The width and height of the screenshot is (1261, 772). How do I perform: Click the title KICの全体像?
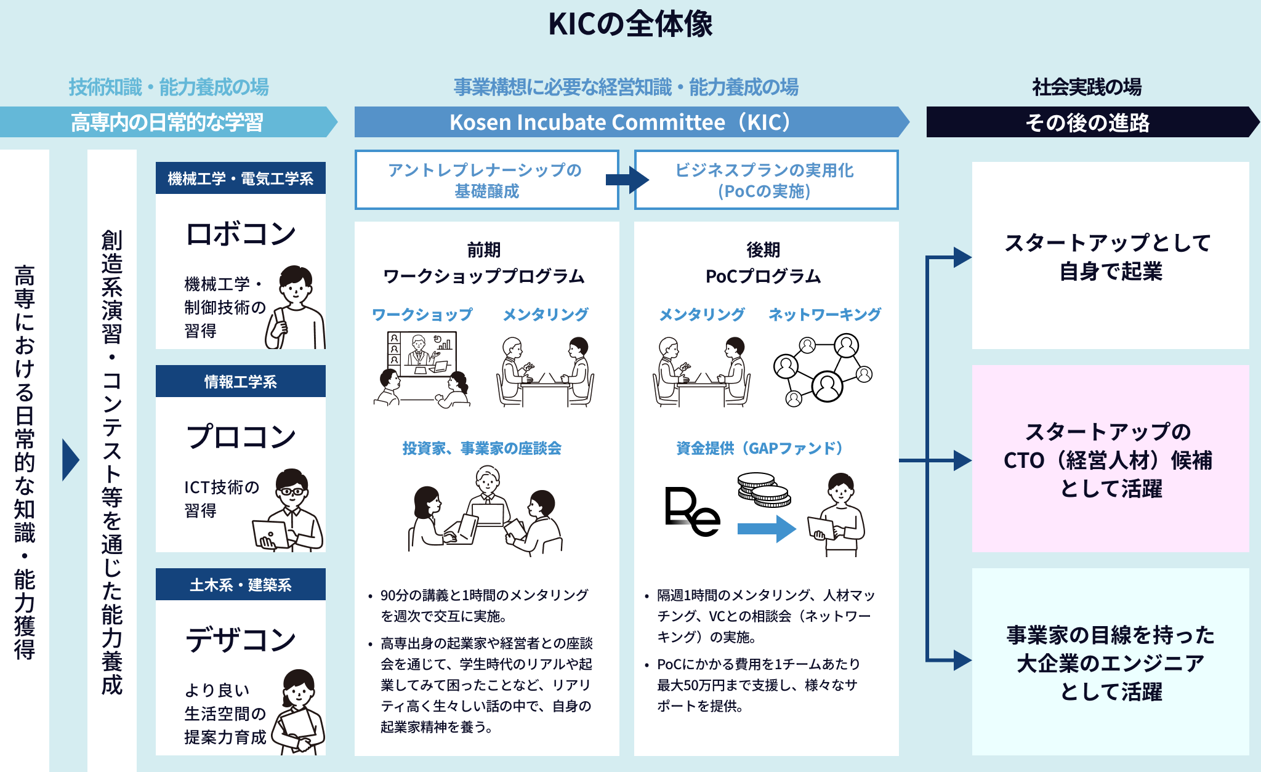click(x=630, y=25)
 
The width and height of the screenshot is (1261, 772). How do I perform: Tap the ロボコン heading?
click(x=241, y=234)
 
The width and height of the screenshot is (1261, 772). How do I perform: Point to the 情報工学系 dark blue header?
click(x=241, y=382)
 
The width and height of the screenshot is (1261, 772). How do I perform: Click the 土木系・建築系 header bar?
click(x=241, y=585)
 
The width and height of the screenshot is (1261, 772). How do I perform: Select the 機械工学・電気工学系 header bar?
click(x=241, y=179)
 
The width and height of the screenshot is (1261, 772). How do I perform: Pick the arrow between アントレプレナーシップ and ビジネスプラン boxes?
click(x=627, y=180)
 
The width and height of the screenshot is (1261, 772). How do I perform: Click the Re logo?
click(x=692, y=511)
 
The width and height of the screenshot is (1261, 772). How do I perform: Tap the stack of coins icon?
click(x=763, y=489)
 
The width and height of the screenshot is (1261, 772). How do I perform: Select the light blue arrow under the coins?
click(x=767, y=528)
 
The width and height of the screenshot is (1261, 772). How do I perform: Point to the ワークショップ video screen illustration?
click(x=422, y=354)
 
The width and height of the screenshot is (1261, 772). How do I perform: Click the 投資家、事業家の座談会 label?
click(x=482, y=448)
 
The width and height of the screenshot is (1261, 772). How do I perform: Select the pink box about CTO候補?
click(x=1110, y=459)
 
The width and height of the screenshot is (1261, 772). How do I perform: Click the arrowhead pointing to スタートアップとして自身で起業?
click(x=962, y=257)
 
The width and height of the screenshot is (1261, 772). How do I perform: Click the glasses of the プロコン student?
click(x=292, y=492)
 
